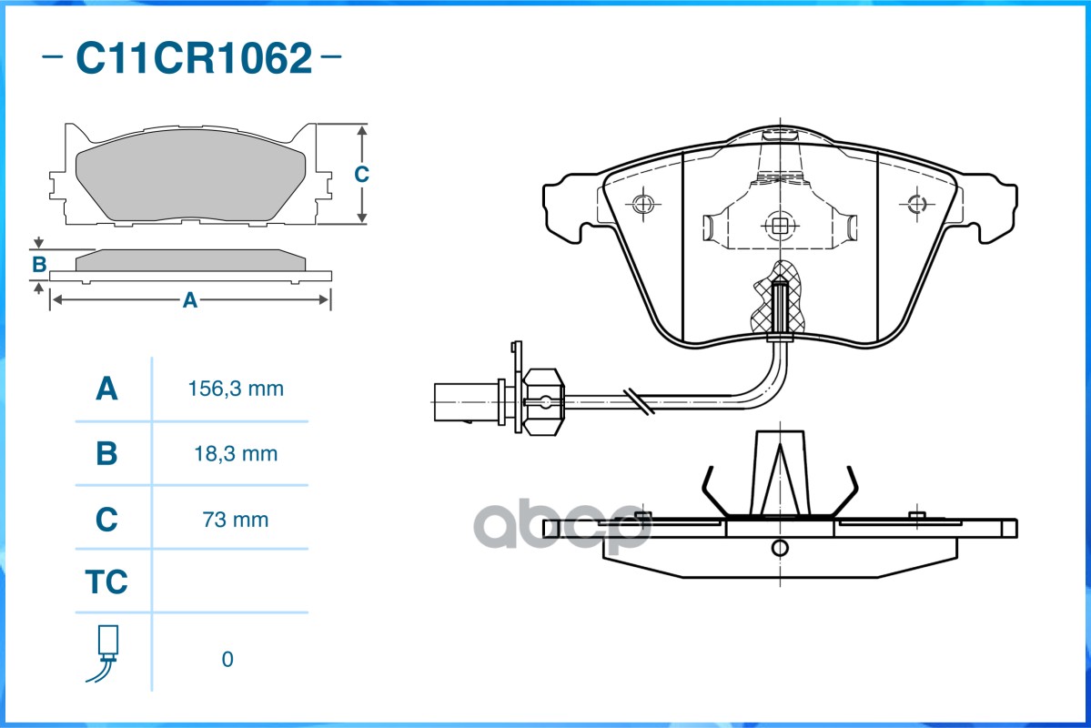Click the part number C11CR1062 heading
tap(193, 59)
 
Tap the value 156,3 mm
tap(236, 389)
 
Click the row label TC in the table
tap(106, 582)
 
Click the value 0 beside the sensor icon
tap(227, 659)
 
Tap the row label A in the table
tap(106, 389)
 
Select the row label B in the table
tap(106, 453)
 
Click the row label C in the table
tap(106, 520)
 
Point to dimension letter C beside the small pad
tap(361, 174)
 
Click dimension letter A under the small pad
tap(189, 300)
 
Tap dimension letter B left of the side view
tap(39, 265)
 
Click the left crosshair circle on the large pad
tap(643, 203)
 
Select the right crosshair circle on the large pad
tap(915, 203)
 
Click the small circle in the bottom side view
tap(779, 548)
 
